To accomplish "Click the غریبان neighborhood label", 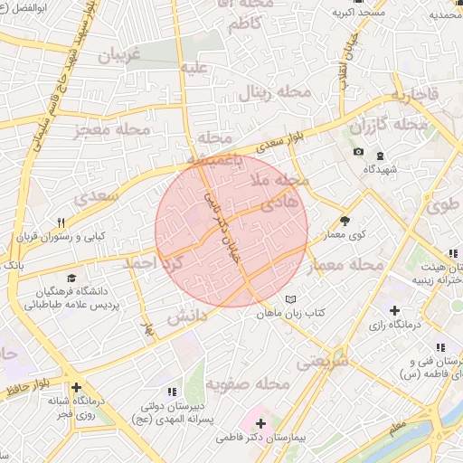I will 120,55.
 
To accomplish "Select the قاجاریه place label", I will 413,95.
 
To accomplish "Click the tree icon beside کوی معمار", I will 345,220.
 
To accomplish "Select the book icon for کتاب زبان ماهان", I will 290,299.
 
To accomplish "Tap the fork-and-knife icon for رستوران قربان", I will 61,222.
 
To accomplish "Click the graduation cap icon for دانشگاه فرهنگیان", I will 71,277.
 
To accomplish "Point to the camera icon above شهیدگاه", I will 358,152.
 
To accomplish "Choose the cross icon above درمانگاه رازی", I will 394,311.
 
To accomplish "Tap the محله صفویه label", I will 247,384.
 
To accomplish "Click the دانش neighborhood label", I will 187,315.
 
